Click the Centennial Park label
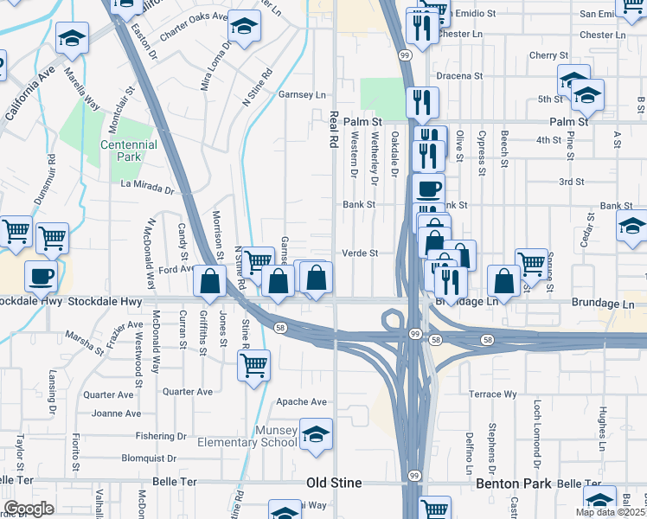(x=129, y=151)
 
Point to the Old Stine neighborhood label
(x=334, y=483)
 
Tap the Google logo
(x=29, y=509)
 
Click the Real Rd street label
(x=333, y=130)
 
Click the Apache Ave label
(x=301, y=401)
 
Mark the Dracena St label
(x=458, y=76)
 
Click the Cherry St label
(x=548, y=54)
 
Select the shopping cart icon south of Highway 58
(x=253, y=364)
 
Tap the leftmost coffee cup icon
(x=41, y=277)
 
